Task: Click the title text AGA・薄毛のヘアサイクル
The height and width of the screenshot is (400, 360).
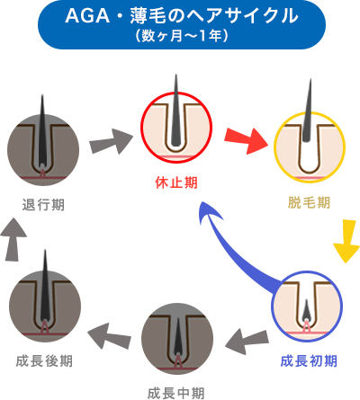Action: click(x=180, y=17)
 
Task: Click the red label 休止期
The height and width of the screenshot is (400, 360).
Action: click(x=176, y=182)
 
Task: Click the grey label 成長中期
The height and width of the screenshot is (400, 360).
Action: click(x=175, y=392)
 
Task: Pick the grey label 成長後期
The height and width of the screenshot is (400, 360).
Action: click(x=44, y=360)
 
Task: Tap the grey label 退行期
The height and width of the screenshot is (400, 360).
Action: click(x=42, y=204)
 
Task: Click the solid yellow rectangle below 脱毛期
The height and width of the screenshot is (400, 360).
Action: click(x=345, y=242)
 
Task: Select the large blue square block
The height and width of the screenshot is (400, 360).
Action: click(x=239, y=247)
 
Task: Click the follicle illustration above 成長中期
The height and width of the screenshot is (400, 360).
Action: click(x=176, y=339)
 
